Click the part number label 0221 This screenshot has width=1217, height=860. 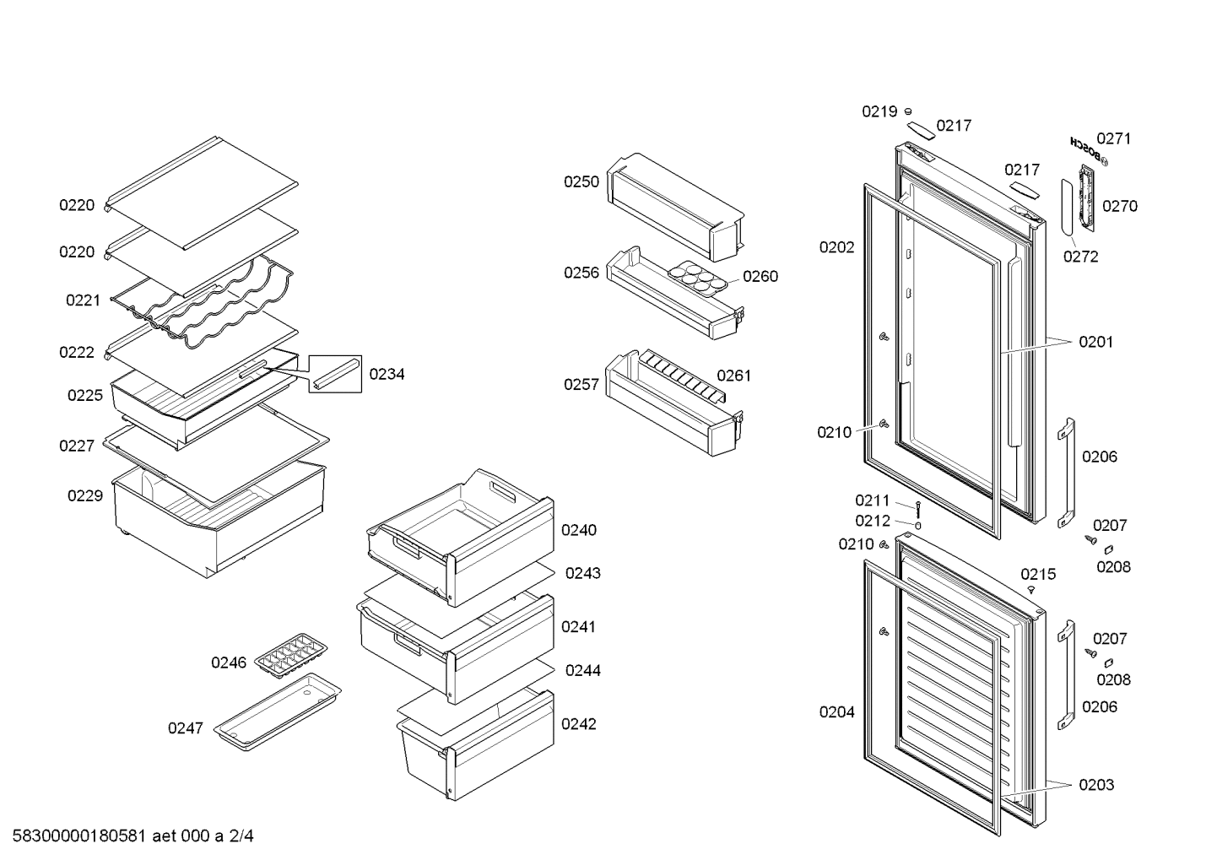(83, 300)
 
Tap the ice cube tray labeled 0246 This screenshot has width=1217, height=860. (291, 655)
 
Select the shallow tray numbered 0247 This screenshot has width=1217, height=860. (278, 713)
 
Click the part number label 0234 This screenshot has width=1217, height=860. (387, 375)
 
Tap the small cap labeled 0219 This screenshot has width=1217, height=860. (908, 111)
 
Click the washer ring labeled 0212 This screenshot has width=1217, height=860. (918, 525)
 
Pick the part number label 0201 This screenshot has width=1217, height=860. (1095, 343)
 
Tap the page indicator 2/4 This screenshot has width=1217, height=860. (241, 836)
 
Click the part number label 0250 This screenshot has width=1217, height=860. (581, 182)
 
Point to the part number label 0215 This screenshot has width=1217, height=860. (1037, 575)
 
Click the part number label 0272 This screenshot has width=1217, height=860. (1080, 257)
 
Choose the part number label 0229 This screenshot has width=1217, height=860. (85, 496)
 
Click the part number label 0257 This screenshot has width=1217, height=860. (581, 385)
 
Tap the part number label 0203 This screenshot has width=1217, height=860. (1095, 786)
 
